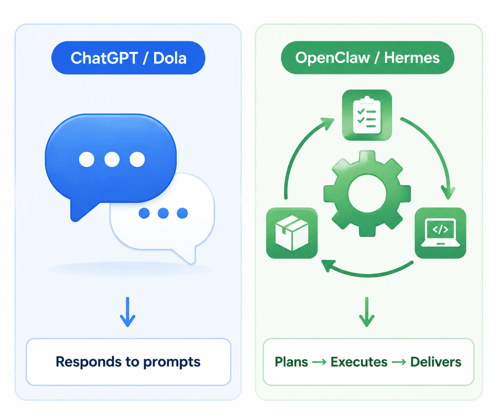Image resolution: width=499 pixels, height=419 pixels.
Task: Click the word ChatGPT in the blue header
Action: point(105,58)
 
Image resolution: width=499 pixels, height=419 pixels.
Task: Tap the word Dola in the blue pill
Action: point(170,58)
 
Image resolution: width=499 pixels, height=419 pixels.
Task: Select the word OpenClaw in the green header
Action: point(333,58)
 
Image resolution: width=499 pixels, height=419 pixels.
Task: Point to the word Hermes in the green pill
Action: point(412,58)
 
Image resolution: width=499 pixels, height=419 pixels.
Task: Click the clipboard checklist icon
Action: point(367,115)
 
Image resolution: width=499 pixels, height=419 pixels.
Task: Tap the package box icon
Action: point(292,233)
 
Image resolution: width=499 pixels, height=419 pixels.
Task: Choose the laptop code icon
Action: point(440,233)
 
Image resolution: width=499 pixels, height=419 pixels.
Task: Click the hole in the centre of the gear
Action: point(367,194)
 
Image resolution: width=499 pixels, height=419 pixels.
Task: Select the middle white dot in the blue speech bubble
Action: point(112,159)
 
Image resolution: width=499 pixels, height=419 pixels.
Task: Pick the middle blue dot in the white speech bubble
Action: point(163,213)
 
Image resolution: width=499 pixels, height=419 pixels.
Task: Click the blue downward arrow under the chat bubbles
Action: point(128,312)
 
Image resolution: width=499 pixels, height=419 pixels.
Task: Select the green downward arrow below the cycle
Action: point(367,312)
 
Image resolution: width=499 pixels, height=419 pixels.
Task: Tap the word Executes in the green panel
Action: point(359,362)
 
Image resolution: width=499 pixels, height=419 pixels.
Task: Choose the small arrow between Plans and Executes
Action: point(319,362)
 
